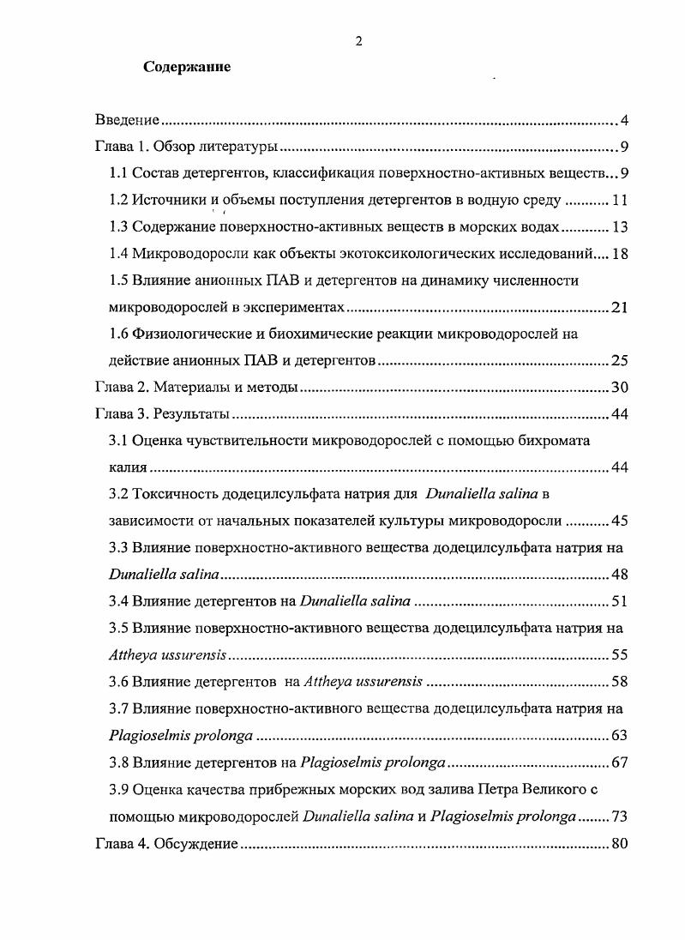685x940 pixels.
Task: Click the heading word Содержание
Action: coord(187,67)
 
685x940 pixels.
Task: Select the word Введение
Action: coord(128,119)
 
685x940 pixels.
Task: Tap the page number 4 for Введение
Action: coord(625,119)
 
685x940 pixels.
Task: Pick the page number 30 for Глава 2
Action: coord(621,388)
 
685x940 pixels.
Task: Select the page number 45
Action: coord(621,521)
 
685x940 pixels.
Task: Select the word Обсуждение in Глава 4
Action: coord(195,844)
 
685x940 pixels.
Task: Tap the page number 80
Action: coord(621,844)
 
